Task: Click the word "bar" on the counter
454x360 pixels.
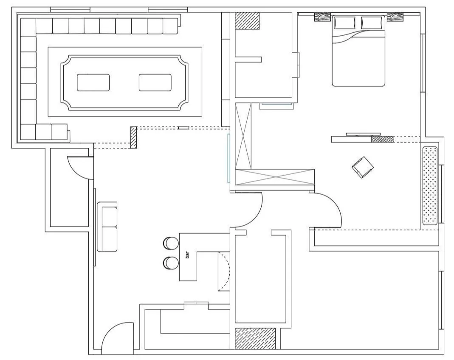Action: [187, 255]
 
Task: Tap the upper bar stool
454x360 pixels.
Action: [171, 243]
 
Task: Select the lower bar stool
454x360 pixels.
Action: [171, 263]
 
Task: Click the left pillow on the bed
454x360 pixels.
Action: [345, 23]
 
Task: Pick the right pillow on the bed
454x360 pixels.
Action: [372, 23]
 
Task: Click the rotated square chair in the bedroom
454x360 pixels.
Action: [363, 167]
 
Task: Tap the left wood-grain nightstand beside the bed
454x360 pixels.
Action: [322, 17]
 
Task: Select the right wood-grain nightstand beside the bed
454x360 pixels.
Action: [395, 17]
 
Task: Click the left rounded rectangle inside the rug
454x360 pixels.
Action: [93, 82]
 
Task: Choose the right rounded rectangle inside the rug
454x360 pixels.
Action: [155, 82]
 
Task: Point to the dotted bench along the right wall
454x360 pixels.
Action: [430, 185]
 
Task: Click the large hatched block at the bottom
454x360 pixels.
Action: [255, 338]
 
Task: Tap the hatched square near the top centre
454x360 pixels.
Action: [247, 20]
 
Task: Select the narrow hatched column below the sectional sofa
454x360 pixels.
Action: [133, 137]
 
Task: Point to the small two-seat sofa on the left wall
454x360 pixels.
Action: [107, 227]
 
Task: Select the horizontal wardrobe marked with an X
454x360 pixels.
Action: [275, 176]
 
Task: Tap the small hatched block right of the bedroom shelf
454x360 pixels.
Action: [383, 139]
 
